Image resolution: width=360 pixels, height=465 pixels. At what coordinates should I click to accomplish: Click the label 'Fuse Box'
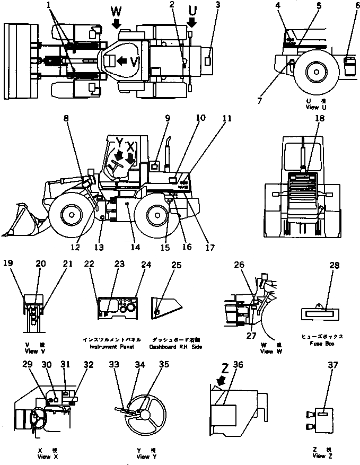[x=327, y=344]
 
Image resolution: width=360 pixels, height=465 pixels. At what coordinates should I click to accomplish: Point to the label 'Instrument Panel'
[x=108, y=346]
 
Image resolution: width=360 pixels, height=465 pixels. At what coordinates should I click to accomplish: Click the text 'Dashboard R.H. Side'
[x=176, y=346]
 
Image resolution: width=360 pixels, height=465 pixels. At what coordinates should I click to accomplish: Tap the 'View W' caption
[x=252, y=352]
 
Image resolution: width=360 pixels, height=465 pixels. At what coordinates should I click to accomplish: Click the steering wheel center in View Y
[x=142, y=412]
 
